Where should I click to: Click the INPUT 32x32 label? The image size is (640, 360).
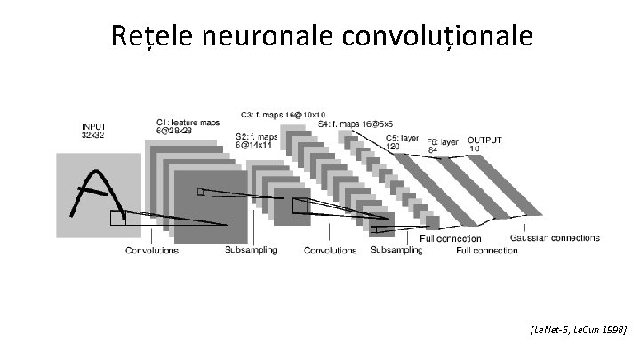(x=99, y=132)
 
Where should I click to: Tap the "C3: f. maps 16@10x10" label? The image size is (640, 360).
(x=282, y=115)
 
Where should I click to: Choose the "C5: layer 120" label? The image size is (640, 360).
(x=401, y=144)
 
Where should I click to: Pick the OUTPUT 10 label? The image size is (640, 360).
(x=484, y=144)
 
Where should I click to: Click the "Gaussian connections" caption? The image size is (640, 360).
(x=555, y=238)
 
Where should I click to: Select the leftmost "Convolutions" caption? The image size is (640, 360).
(x=151, y=251)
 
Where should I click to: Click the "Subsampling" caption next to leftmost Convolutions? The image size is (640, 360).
(x=251, y=251)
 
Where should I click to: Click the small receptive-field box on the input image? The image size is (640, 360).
(x=118, y=219)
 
